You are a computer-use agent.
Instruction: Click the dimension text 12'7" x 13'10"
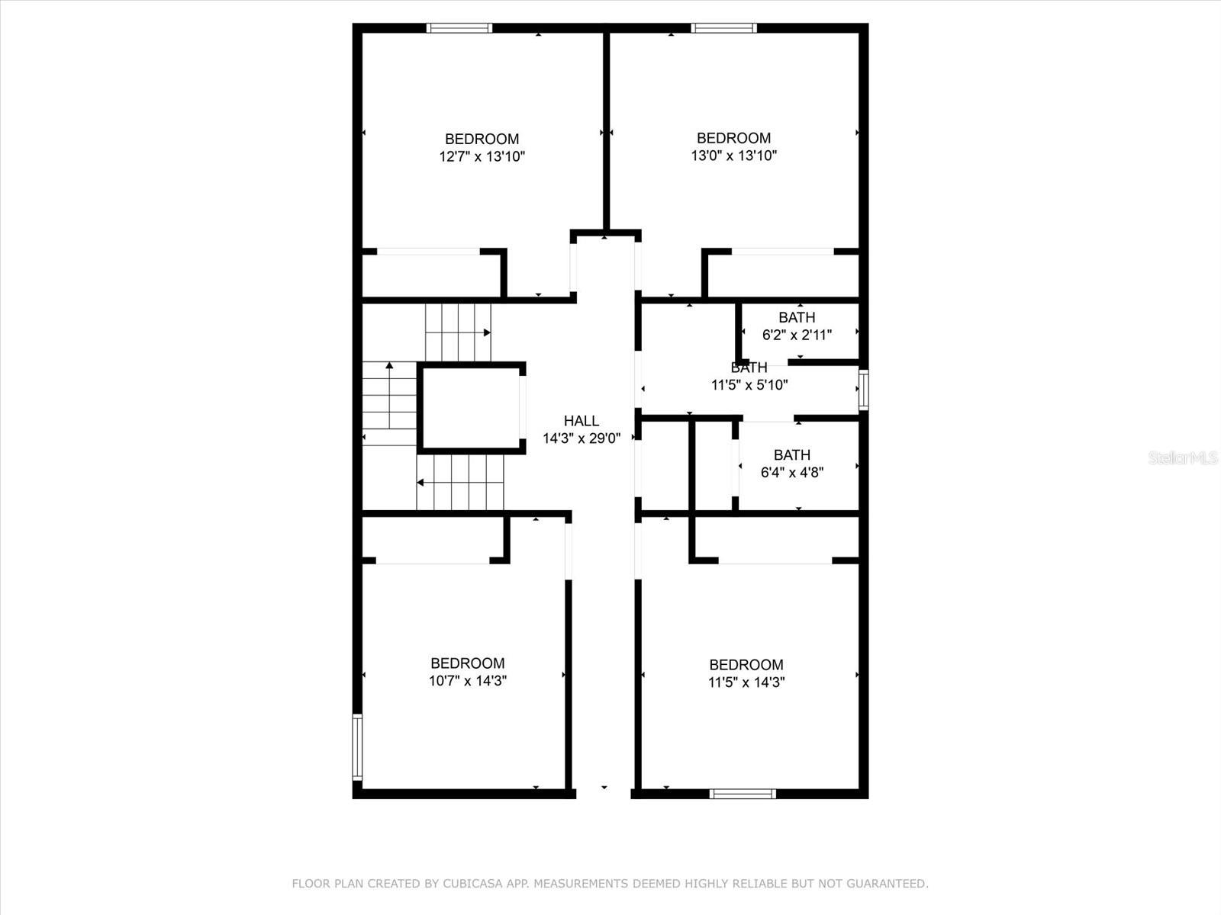(482, 157)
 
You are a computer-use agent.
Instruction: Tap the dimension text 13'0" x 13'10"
(733, 156)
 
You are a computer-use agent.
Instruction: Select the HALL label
(581, 421)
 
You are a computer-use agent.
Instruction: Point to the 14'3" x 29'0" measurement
(581, 438)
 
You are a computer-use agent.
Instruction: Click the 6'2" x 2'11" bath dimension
(797, 335)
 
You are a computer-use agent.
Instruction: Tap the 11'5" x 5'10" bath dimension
(749, 385)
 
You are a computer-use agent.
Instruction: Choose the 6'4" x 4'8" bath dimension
(791, 473)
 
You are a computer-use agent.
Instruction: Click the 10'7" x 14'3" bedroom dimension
(467, 681)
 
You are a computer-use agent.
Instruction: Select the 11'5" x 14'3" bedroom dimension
(746, 682)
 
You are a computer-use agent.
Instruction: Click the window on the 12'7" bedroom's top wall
(459, 28)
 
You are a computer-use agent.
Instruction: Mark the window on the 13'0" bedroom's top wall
(723, 28)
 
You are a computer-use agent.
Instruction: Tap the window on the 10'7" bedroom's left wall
(357, 746)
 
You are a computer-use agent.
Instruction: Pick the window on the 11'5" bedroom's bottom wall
(743, 794)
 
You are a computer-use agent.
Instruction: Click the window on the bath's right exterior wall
(863, 390)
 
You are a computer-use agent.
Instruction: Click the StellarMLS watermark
(1183, 457)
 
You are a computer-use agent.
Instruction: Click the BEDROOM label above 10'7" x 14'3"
(467, 663)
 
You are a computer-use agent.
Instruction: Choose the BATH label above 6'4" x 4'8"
(791, 455)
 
